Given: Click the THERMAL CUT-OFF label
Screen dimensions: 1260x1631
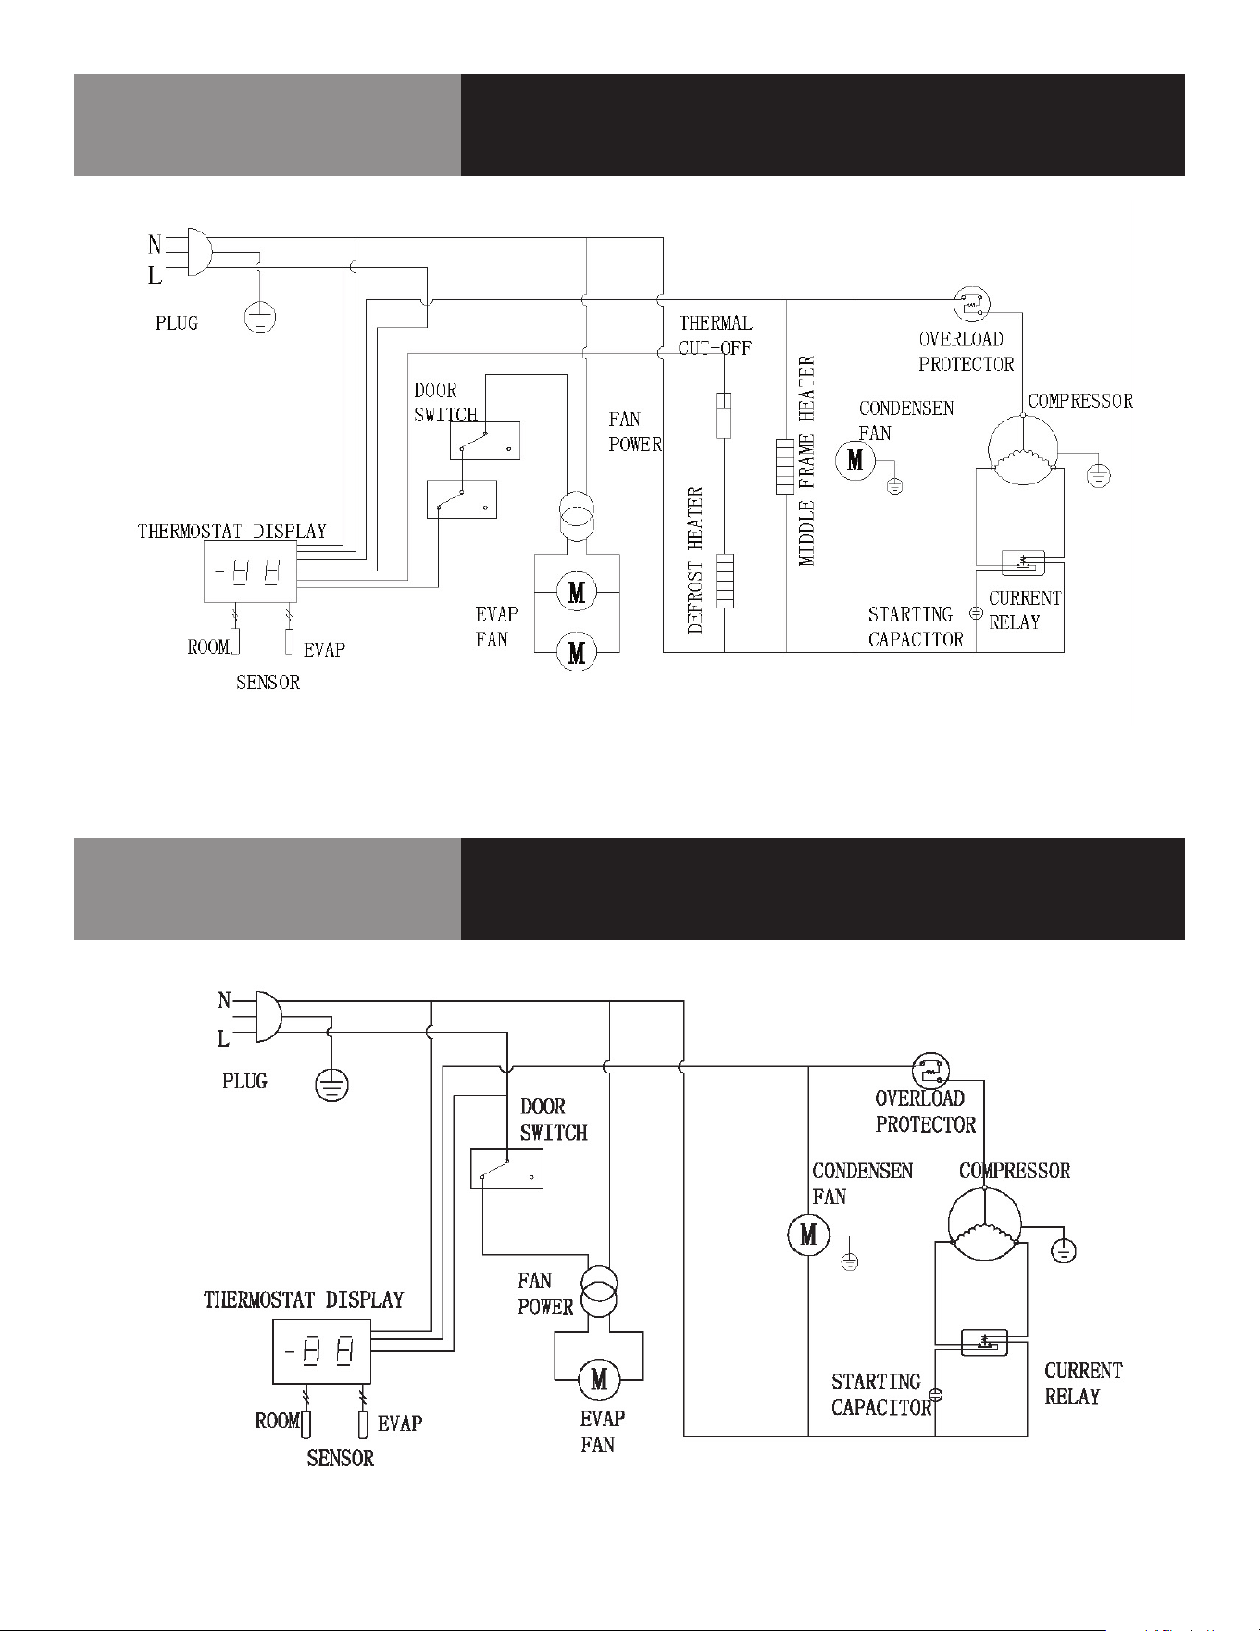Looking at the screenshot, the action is pyautogui.click(x=716, y=335).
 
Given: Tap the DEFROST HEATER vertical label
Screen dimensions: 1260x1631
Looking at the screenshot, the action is pyautogui.click(x=696, y=560).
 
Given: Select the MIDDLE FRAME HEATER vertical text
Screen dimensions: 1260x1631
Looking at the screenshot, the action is pyautogui.click(x=806, y=460).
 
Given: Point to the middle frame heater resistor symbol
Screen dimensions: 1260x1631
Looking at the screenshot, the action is pyautogui.click(x=786, y=467).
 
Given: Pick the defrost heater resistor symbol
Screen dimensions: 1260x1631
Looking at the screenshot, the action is pyautogui.click(x=724, y=581).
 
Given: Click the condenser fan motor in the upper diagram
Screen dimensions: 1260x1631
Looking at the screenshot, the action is pyautogui.click(x=855, y=459).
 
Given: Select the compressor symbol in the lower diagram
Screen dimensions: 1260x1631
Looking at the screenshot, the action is pyautogui.click(x=984, y=1224).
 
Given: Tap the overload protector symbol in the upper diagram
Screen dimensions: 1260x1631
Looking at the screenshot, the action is pyautogui.click(x=972, y=303).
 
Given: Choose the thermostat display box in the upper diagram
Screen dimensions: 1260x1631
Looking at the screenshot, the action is pyautogui.click(x=250, y=571).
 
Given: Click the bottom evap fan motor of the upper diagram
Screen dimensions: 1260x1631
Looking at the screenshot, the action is pyautogui.click(x=577, y=654).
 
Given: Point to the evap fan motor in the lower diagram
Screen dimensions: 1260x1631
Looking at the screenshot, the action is pyautogui.click(x=599, y=1381).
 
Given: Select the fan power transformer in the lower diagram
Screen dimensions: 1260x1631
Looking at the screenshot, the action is pyautogui.click(x=598, y=1292).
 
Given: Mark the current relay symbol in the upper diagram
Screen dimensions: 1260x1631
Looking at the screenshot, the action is pyautogui.click(x=1023, y=562).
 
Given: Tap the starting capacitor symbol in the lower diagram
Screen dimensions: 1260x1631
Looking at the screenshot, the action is pyautogui.click(x=935, y=1394).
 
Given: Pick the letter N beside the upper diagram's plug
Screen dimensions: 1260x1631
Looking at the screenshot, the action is pyautogui.click(x=155, y=245).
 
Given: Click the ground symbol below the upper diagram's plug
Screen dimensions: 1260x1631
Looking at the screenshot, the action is pyautogui.click(x=260, y=318).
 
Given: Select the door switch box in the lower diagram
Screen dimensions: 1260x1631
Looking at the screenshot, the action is pyautogui.click(x=506, y=1169).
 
